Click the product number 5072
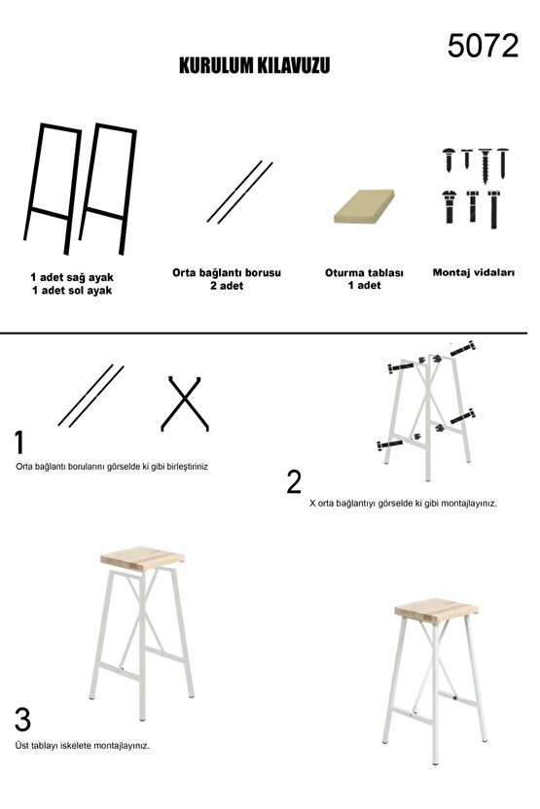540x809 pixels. [483, 46]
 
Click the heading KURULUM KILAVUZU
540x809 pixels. [255, 65]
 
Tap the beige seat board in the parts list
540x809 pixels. [365, 206]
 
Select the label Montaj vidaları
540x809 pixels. [474, 272]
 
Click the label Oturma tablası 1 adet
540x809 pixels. [364, 279]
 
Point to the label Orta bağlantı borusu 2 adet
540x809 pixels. [227, 279]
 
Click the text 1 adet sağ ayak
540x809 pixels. [72, 277]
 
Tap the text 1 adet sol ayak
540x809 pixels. [72, 291]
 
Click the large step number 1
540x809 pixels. [19, 442]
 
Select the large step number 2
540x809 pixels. [294, 481]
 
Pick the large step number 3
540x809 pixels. [22, 720]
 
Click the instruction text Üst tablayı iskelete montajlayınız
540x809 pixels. [83, 746]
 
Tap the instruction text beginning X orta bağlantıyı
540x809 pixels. [403, 503]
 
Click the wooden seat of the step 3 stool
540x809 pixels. [142, 558]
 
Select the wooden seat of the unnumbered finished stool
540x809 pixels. [436, 610]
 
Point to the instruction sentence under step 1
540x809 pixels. [112, 467]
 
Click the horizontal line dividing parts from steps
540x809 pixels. [264, 334]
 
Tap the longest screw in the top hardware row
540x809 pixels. [485, 165]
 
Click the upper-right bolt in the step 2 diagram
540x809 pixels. [462, 349]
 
